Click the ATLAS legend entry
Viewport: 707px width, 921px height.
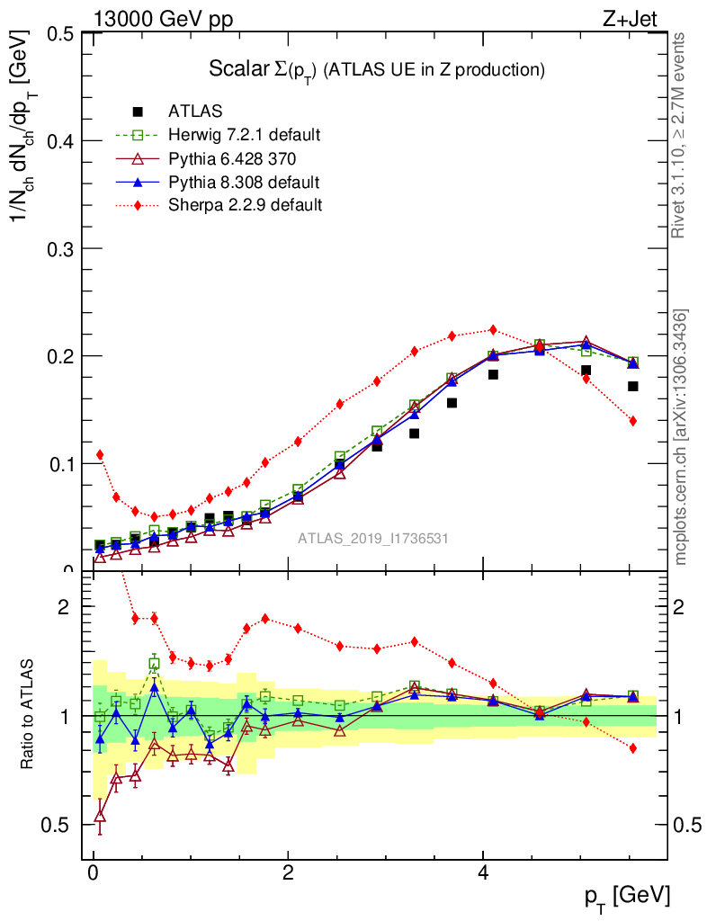pyautogui.click(x=194, y=112)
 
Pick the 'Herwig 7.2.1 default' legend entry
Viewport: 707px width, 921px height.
pyautogui.click(x=244, y=135)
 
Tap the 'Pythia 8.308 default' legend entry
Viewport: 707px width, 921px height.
pyautogui.click(x=244, y=182)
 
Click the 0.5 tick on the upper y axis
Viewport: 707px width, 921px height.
pyautogui.click(x=60, y=34)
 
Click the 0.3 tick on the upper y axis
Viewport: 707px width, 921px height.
pyautogui.click(x=60, y=248)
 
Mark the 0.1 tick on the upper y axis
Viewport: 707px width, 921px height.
pyautogui.click(x=60, y=463)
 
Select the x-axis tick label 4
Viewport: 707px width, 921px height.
pyautogui.click(x=483, y=872)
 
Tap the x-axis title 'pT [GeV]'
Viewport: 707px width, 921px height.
pyautogui.click(x=628, y=897)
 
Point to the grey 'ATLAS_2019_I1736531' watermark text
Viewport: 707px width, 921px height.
pyautogui.click(x=373, y=539)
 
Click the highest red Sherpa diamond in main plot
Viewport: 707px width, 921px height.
pyautogui.click(x=492, y=330)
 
